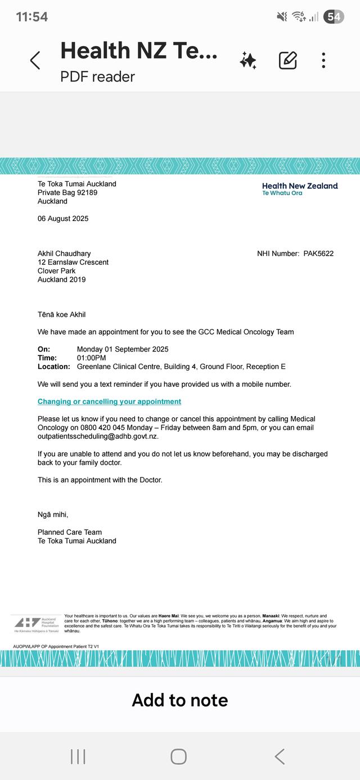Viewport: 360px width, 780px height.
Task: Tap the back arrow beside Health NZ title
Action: pyautogui.click(x=35, y=60)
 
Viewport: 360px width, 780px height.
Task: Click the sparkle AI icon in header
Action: pyautogui.click(x=248, y=60)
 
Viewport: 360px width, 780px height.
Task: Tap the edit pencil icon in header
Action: pyautogui.click(x=288, y=60)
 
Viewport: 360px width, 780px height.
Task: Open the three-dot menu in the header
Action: pyautogui.click(x=323, y=60)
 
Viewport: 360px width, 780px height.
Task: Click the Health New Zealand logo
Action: pyautogui.click(x=300, y=188)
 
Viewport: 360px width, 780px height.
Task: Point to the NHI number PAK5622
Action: pyautogui.click(x=318, y=254)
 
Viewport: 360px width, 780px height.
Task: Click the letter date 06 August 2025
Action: pyautogui.click(x=63, y=219)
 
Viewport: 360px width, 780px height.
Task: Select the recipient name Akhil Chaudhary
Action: pyautogui.click(x=64, y=254)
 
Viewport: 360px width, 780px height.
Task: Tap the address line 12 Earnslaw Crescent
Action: pyautogui.click(x=73, y=262)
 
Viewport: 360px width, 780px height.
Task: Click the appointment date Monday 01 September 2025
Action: pyautogui.click(x=123, y=349)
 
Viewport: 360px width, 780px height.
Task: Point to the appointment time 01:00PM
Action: pyautogui.click(x=91, y=358)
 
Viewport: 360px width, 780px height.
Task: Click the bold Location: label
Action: pyautogui.click(x=54, y=367)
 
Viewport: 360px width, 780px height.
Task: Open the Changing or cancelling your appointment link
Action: pyautogui.click(x=109, y=402)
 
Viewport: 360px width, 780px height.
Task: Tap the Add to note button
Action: pyautogui.click(x=180, y=700)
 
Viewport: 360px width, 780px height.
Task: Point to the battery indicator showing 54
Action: pyautogui.click(x=334, y=17)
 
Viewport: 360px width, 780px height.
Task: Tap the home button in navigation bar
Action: pyautogui.click(x=178, y=756)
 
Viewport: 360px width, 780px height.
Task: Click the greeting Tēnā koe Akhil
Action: pyautogui.click(x=62, y=314)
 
